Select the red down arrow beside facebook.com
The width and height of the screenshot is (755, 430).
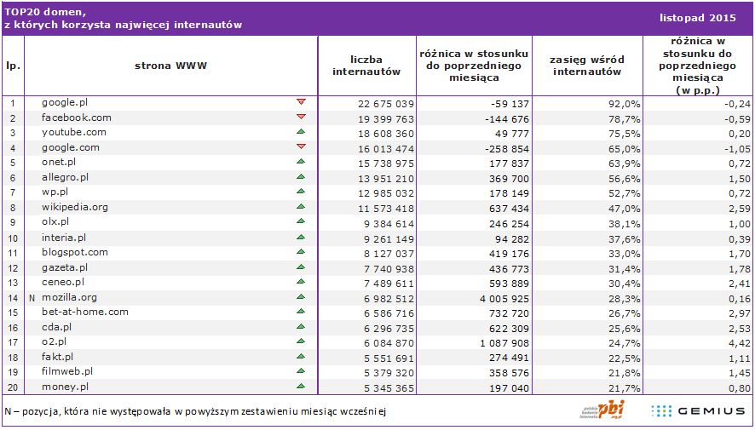(x=301, y=117)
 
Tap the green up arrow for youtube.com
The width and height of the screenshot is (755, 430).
(x=301, y=132)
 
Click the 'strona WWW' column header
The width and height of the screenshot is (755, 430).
(x=170, y=66)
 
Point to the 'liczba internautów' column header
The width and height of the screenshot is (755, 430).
(x=366, y=66)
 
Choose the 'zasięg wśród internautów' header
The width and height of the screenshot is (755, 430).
(x=587, y=66)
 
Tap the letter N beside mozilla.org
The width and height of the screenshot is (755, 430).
(x=32, y=298)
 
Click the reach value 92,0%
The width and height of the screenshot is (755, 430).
(x=625, y=103)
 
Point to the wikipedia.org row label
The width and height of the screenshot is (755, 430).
(x=75, y=207)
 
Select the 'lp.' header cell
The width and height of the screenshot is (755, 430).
(x=13, y=66)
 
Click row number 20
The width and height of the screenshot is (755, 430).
(x=13, y=387)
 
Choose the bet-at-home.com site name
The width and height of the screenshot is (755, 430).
(x=85, y=312)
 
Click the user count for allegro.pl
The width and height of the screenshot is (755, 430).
(x=385, y=177)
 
